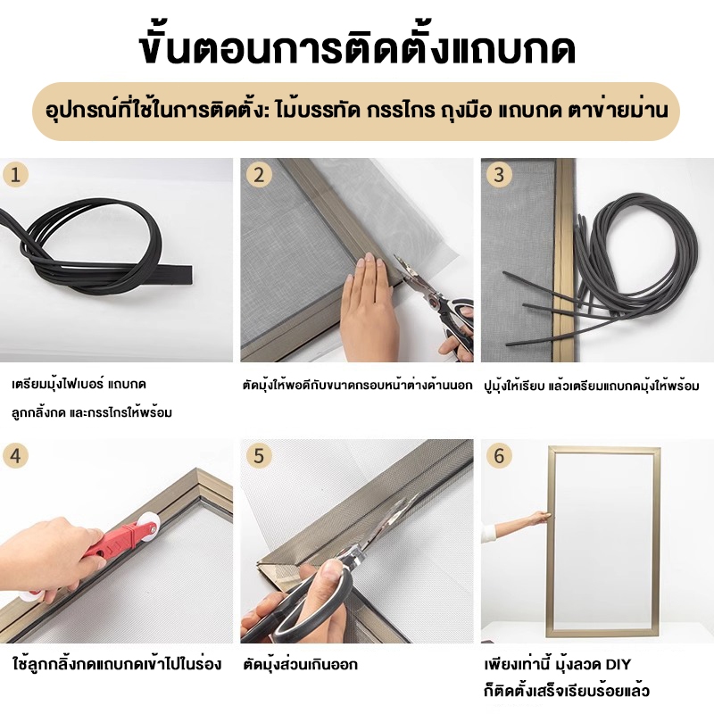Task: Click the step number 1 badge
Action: click(x=15, y=175)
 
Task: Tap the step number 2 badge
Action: click(x=259, y=175)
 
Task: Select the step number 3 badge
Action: click(x=499, y=175)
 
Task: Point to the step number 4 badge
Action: click(x=15, y=456)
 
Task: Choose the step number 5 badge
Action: click(x=259, y=456)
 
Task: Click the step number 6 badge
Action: click(x=499, y=456)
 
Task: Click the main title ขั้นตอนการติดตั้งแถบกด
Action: click(x=357, y=48)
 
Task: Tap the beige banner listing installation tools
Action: click(x=356, y=111)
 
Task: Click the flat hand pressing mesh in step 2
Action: click(x=368, y=304)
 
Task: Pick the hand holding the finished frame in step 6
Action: click(x=542, y=519)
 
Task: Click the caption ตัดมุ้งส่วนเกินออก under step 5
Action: click(x=301, y=664)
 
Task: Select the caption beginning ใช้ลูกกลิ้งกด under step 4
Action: click(x=118, y=664)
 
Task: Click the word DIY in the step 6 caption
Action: click(x=618, y=664)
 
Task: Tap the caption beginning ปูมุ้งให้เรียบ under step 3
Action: click(x=592, y=386)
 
